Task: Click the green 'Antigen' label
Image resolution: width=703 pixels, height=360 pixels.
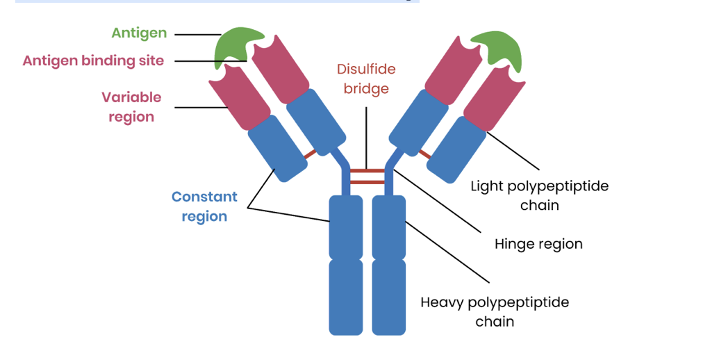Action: coord(139,33)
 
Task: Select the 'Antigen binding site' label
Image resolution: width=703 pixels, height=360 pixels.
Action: coord(93,60)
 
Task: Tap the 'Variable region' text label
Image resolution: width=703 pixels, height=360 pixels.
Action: coord(131,106)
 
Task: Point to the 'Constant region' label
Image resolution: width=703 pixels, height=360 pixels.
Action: coord(204,206)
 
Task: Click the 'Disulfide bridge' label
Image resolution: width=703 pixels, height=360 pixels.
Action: coord(366,79)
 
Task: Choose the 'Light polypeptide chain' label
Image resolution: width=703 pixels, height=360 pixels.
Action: coord(539,195)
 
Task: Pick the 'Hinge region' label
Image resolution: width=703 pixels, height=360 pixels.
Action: coord(538,244)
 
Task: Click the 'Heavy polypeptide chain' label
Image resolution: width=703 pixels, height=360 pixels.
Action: coord(495,312)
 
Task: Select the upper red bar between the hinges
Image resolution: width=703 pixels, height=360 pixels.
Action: coord(367,170)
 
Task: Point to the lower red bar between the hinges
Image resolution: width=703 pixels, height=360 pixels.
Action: coord(367,182)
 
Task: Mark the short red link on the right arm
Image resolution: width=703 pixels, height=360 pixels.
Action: coord(424,153)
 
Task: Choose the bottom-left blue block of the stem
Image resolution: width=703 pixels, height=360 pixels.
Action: coord(346,296)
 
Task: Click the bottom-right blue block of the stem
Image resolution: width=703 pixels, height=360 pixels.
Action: coord(388,296)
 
